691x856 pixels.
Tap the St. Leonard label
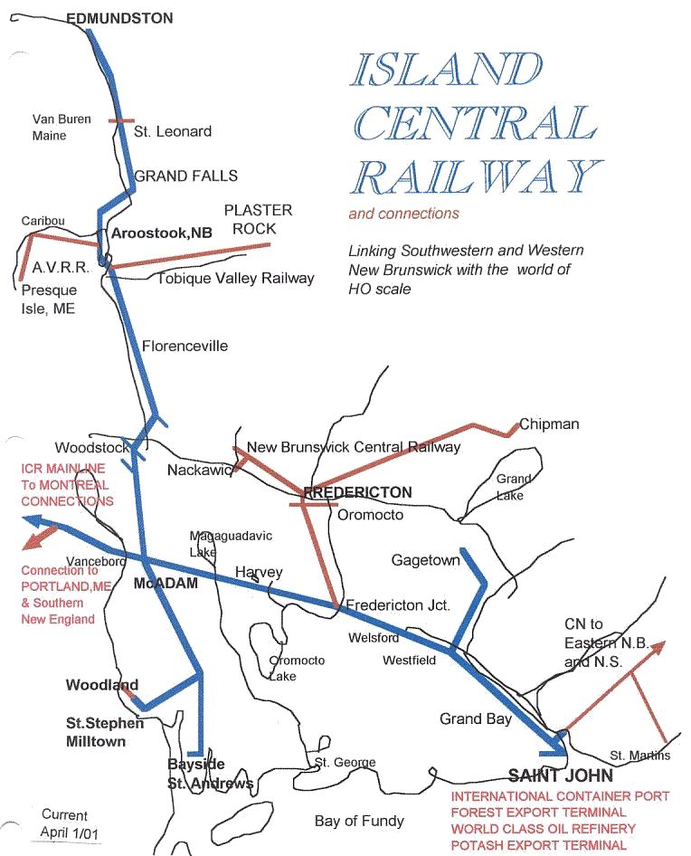click(x=173, y=131)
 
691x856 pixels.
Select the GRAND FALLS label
click(x=186, y=176)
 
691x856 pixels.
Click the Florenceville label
click(x=185, y=346)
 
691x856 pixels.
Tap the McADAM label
click(x=166, y=584)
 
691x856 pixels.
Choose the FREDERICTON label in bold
click(x=359, y=492)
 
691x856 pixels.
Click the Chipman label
click(x=549, y=423)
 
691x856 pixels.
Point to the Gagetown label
click(x=425, y=561)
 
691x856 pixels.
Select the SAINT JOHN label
click(x=560, y=775)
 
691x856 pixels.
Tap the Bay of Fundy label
click(x=359, y=821)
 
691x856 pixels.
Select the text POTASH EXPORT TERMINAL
click(x=539, y=845)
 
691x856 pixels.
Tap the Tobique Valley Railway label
click(x=236, y=278)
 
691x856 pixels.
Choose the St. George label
click(x=345, y=763)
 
